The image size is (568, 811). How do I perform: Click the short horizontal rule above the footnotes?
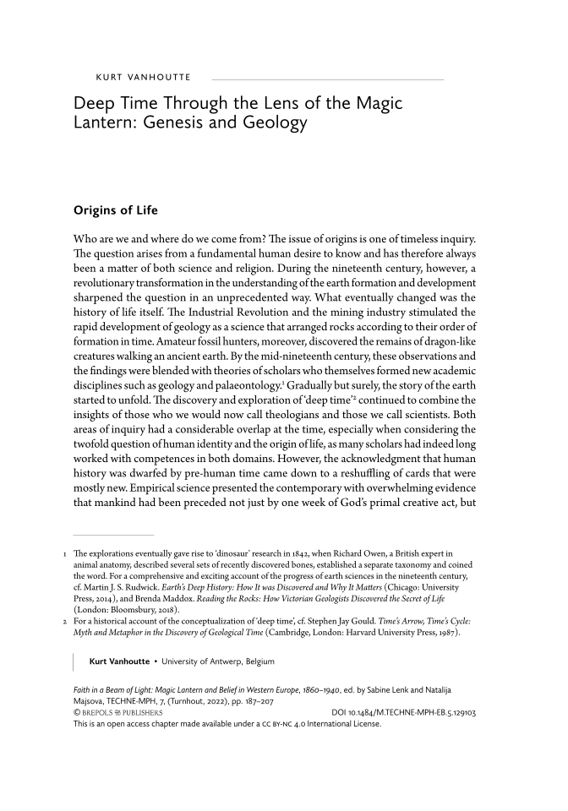pyautogui.click(x=113, y=535)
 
